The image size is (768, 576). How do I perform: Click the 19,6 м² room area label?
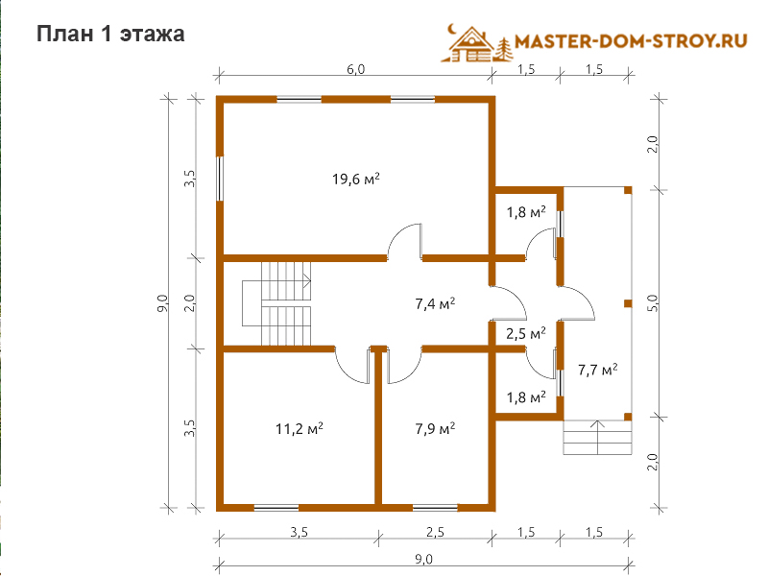coord(355,180)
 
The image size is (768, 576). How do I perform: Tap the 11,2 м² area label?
coord(299,429)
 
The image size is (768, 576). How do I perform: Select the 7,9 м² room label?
coord(435,429)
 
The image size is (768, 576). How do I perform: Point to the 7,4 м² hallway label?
coord(435,304)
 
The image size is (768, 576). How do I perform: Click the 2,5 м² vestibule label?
coord(525,334)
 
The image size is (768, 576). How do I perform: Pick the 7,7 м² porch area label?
coord(597,370)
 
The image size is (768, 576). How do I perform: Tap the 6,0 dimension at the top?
coord(355,69)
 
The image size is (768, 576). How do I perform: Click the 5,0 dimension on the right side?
coord(653,303)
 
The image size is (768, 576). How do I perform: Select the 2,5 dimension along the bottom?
coord(435,532)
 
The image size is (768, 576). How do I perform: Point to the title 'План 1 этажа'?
coord(110,35)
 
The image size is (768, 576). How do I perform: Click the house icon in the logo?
coord(470,44)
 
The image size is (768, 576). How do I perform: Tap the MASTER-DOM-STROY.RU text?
coord(631,41)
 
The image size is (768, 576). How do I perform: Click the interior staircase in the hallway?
coord(276,303)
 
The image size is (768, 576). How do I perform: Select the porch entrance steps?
coord(597,438)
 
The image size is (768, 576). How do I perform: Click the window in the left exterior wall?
coord(220,179)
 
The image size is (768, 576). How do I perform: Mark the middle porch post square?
coord(628,303)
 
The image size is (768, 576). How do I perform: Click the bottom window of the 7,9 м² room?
coord(435,508)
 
